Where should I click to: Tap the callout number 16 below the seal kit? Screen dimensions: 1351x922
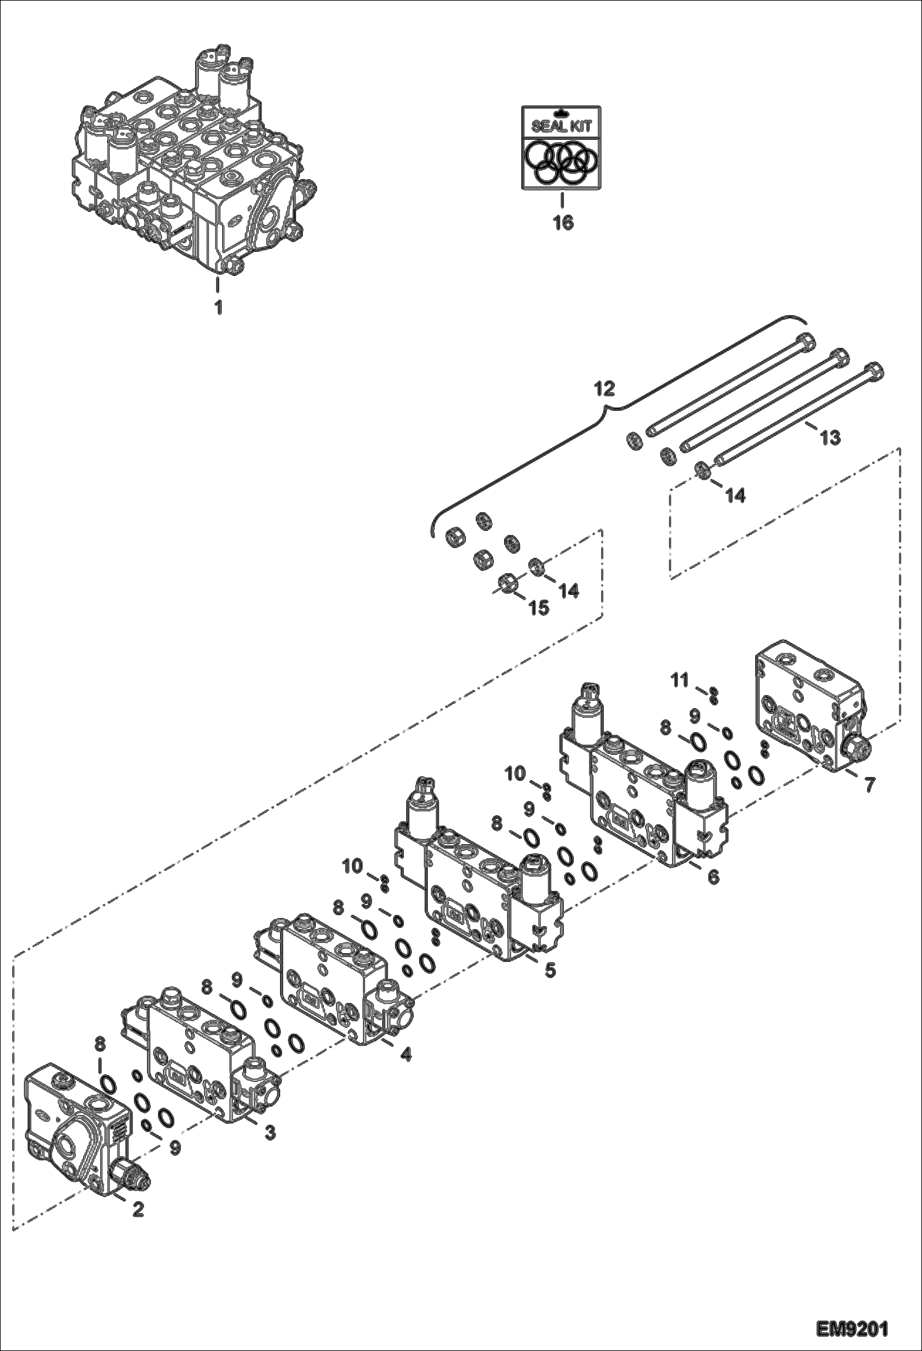pyautogui.click(x=563, y=223)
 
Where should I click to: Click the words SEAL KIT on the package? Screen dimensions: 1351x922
pyautogui.click(x=561, y=127)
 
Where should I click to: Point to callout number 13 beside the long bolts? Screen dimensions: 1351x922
pyautogui.click(x=830, y=437)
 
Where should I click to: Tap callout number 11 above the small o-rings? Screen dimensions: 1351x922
pyautogui.click(x=679, y=680)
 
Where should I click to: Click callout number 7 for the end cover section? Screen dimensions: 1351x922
pyautogui.click(x=869, y=785)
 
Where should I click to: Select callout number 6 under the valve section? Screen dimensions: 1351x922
pyautogui.click(x=713, y=876)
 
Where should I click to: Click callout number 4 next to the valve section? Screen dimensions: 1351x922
pyautogui.click(x=405, y=1054)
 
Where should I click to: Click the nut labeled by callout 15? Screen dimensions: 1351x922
pyautogui.click(x=506, y=582)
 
